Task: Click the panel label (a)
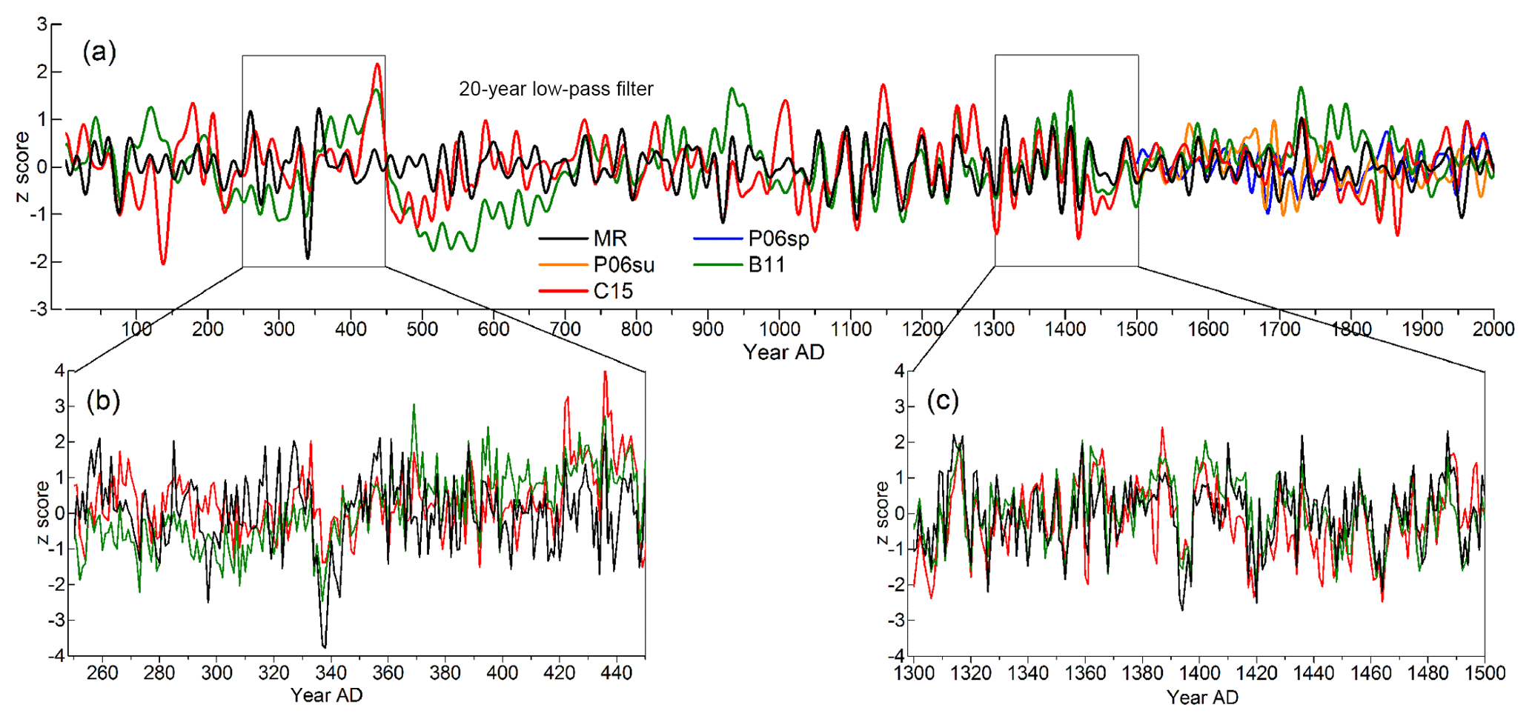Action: [99, 52]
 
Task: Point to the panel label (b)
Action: [103, 401]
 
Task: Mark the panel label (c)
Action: [943, 401]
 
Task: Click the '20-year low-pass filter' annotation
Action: [556, 90]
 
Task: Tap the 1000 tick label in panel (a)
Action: [780, 329]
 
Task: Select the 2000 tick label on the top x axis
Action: [1493, 329]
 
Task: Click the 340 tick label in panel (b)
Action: [331, 672]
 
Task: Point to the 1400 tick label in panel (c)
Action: [1200, 672]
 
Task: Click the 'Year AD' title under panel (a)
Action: [783, 352]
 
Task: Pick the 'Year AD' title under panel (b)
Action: [326, 695]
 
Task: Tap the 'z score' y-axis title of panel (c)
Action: [881, 512]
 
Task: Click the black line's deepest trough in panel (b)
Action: [324, 646]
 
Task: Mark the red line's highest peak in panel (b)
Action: [606, 372]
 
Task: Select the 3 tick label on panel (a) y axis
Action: [42, 24]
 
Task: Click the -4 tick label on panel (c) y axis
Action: [898, 656]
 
